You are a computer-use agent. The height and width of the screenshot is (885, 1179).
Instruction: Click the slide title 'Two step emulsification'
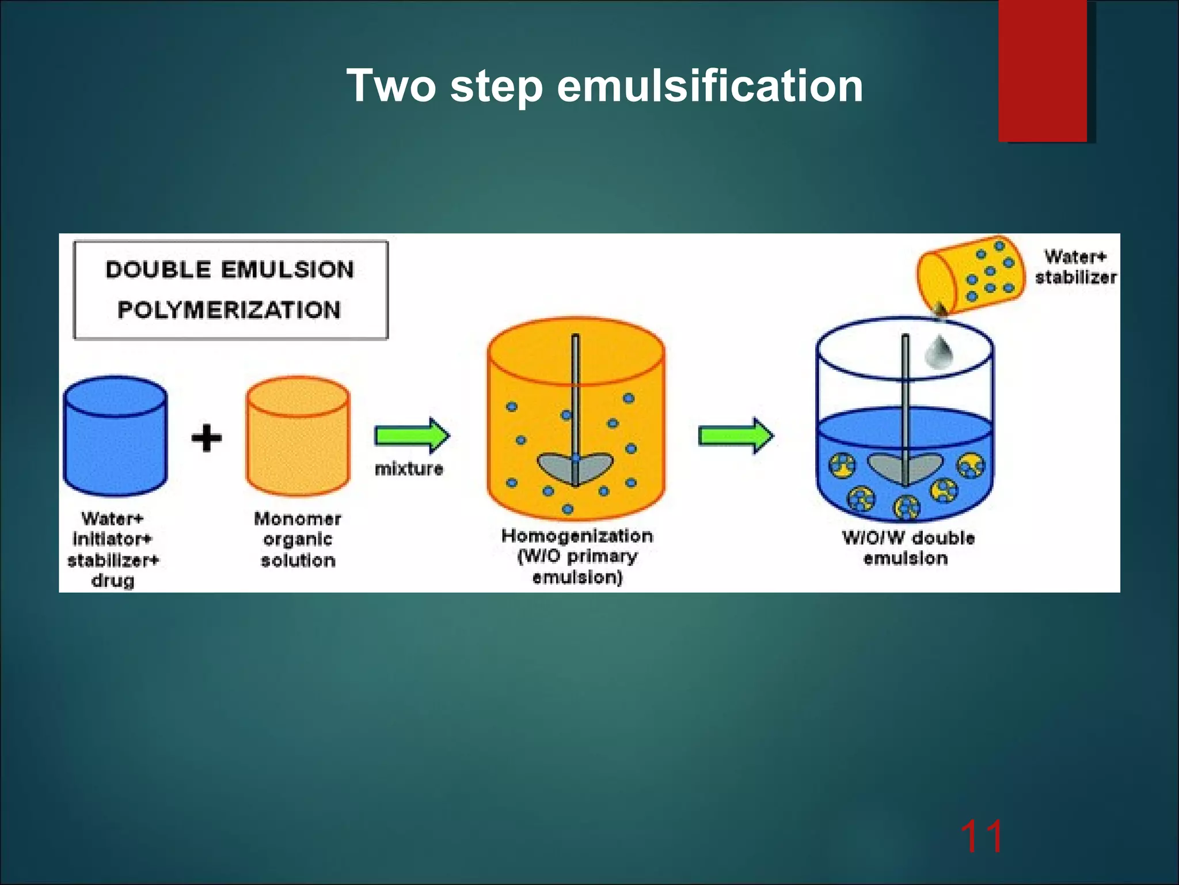click(604, 85)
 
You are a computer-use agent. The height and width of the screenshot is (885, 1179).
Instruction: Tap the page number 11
click(982, 837)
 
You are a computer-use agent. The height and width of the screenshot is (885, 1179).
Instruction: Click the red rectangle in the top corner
click(1043, 69)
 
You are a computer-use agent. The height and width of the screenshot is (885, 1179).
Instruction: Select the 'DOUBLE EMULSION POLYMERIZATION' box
click(230, 290)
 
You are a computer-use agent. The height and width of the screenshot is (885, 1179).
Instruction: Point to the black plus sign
click(206, 438)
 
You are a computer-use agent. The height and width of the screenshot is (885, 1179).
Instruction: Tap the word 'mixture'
click(409, 468)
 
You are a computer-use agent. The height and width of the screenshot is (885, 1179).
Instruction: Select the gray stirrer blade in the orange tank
click(575, 468)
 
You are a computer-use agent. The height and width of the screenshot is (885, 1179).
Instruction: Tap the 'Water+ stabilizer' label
click(1075, 267)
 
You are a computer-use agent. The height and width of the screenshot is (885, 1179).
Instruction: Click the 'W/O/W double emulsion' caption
click(907, 548)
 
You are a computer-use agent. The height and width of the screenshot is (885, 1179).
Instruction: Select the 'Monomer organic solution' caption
click(298, 539)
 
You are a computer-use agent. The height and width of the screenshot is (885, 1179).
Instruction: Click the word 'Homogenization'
click(577, 536)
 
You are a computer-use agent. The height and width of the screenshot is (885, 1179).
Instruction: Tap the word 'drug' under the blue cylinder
click(113, 581)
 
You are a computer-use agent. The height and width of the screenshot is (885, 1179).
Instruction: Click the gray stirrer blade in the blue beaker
click(905, 468)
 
